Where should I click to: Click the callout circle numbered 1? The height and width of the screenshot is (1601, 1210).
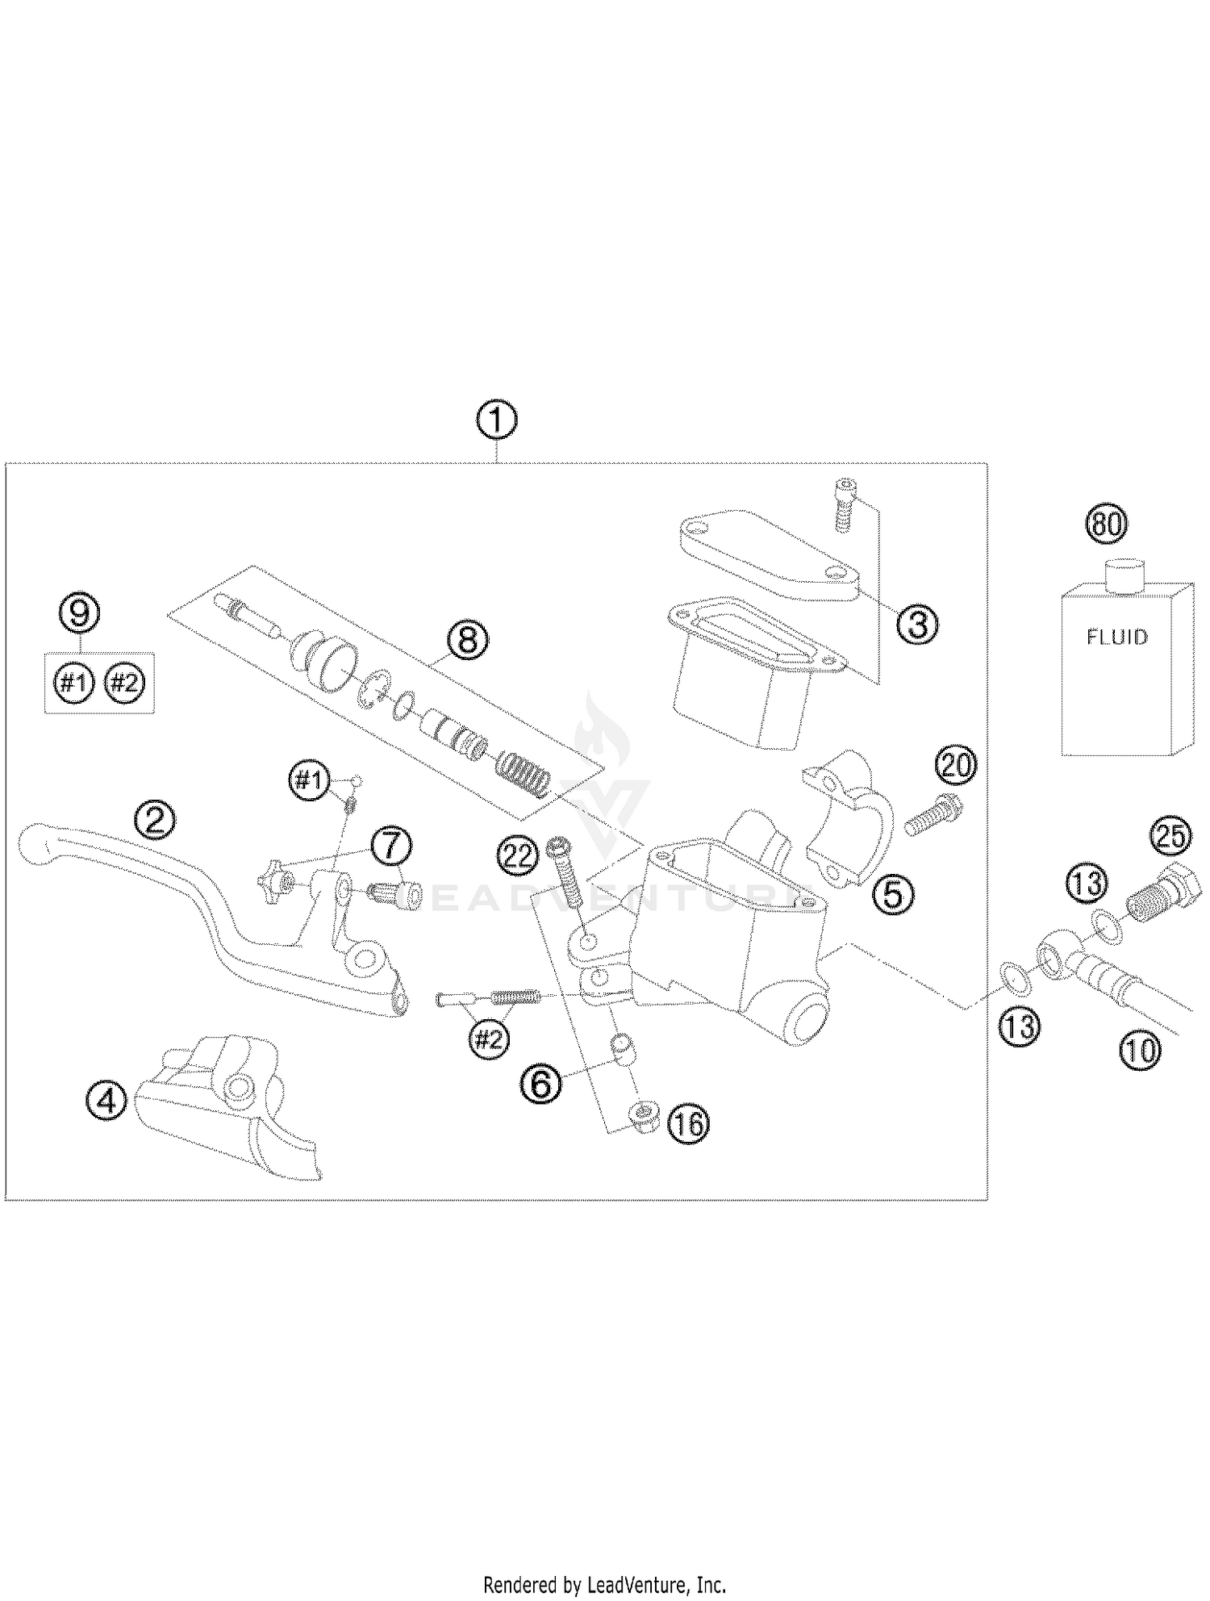(496, 420)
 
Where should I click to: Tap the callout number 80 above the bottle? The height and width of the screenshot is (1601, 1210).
(1106, 524)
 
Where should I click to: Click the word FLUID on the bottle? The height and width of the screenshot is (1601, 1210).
(1116, 637)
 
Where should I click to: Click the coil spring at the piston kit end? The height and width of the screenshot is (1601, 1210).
(524, 773)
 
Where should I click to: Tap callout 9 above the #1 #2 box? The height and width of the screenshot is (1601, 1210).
(80, 613)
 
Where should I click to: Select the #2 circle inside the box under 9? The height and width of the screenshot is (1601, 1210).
(124, 683)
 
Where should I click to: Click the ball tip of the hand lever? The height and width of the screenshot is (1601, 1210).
(35, 841)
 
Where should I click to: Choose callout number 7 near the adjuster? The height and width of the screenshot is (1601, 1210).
(391, 846)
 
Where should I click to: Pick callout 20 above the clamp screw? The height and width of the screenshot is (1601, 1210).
(956, 765)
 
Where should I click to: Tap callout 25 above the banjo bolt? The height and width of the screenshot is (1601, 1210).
(1170, 837)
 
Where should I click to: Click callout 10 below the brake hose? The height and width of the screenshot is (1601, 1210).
(1139, 1050)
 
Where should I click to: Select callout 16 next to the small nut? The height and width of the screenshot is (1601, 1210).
(688, 1123)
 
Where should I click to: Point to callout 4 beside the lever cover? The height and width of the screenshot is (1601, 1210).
(106, 1100)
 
